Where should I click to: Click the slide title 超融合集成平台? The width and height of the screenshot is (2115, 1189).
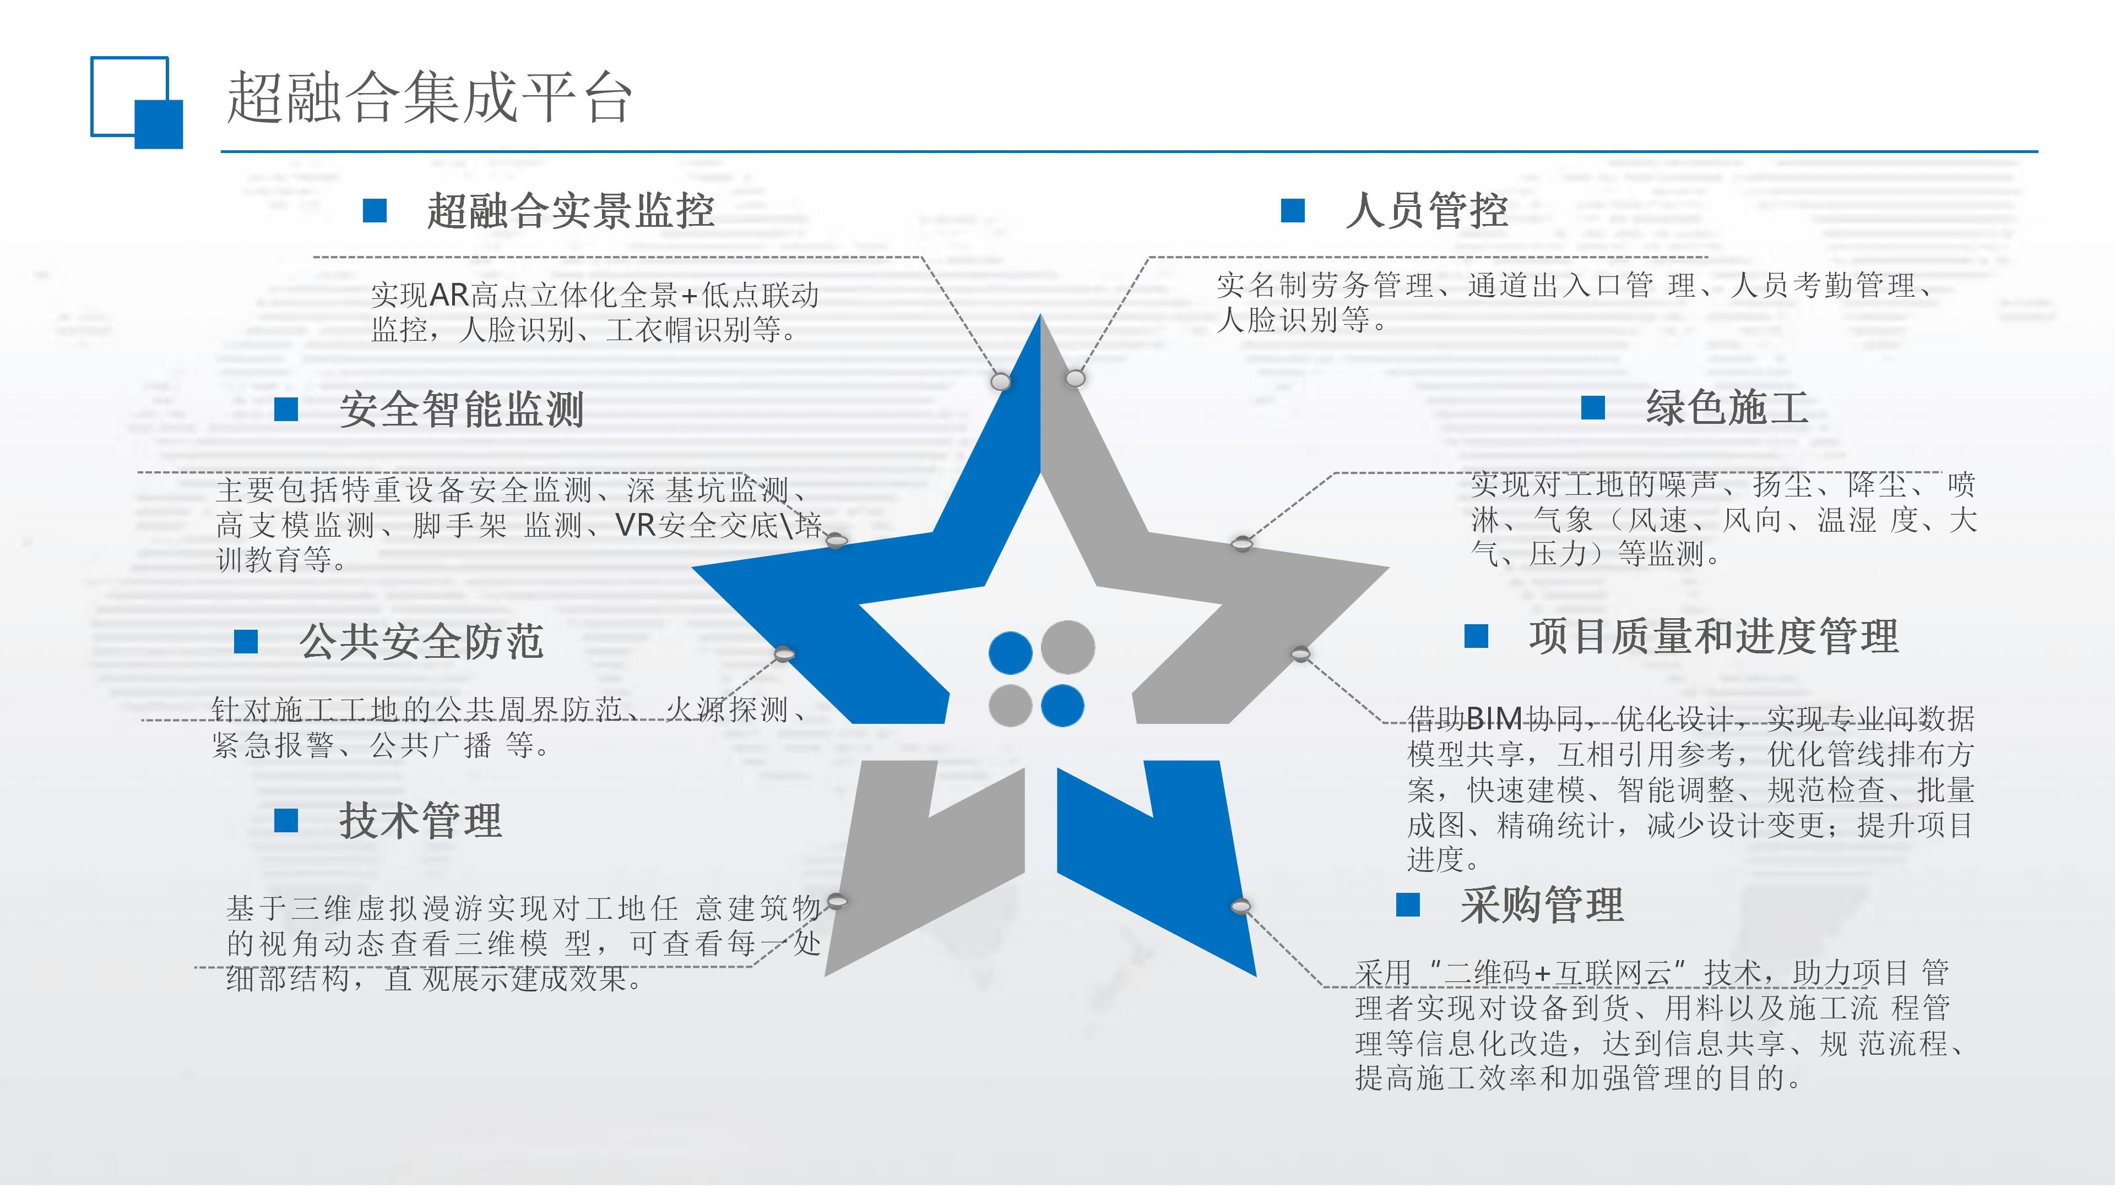pyautogui.click(x=429, y=99)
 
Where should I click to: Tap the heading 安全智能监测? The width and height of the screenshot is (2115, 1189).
pyautogui.click(x=462, y=410)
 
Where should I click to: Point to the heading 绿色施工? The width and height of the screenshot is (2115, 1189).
pyautogui.click(x=1727, y=408)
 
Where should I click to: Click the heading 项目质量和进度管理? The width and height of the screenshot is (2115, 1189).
pyautogui.click(x=1713, y=637)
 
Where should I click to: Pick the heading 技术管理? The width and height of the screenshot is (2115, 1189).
pyautogui.click(x=420, y=821)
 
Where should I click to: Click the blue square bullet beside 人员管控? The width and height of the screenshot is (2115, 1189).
pyautogui.click(x=1292, y=211)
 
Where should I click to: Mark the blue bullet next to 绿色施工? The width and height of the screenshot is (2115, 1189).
pyautogui.click(x=1593, y=408)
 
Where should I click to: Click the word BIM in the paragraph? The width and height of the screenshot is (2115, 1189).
pyautogui.click(x=1494, y=719)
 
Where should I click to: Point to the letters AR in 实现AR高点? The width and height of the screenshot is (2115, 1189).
pyautogui.click(x=448, y=294)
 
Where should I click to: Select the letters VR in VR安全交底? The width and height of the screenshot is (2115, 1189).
pyautogui.click(x=636, y=525)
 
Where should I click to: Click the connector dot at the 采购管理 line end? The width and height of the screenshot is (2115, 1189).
pyautogui.click(x=1240, y=906)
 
